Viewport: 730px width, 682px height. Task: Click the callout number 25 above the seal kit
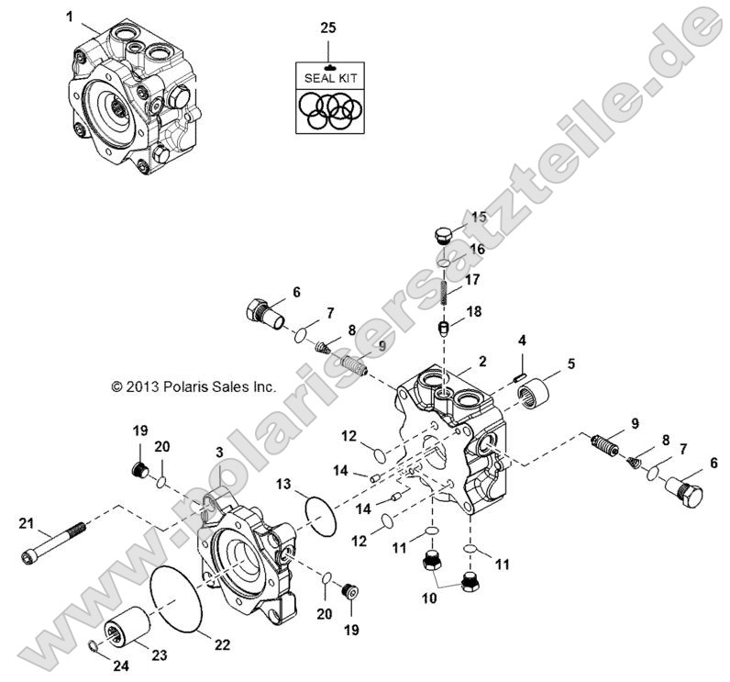[x=327, y=28]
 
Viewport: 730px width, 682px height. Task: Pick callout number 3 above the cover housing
[x=219, y=452]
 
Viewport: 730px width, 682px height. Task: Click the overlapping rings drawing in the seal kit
[x=327, y=112]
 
